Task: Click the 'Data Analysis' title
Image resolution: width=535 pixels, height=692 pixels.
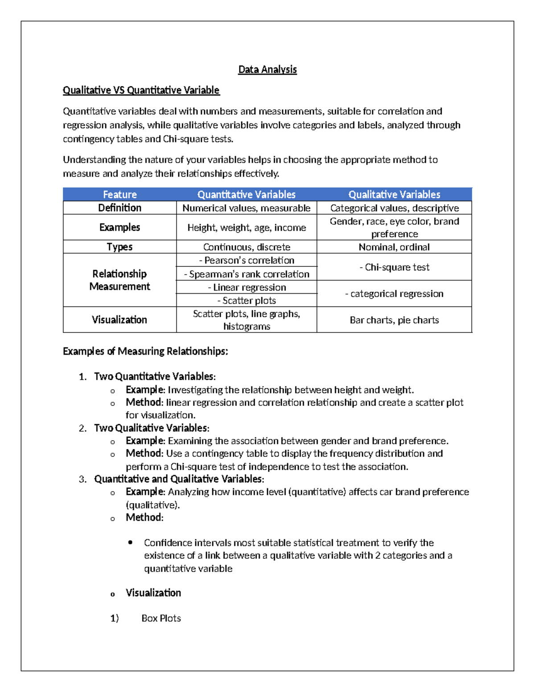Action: (x=267, y=70)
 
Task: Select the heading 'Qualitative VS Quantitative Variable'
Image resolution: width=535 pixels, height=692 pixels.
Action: (x=141, y=90)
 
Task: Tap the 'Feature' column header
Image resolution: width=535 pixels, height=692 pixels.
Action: (x=119, y=194)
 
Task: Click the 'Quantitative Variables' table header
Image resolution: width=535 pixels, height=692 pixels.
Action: (x=246, y=194)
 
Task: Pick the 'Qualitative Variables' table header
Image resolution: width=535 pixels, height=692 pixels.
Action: (x=394, y=194)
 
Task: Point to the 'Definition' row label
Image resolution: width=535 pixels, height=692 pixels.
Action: (x=119, y=208)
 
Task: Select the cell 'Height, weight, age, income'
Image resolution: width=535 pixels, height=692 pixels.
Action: (x=247, y=228)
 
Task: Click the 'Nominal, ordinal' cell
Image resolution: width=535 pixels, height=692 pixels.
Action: (x=394, y=247)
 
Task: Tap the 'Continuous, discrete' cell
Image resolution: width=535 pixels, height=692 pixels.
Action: (x=247, y=247)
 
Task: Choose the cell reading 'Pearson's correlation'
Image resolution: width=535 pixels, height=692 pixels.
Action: (x=247, y=260)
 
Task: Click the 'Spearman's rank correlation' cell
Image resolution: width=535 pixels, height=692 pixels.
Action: (x=247, y=274)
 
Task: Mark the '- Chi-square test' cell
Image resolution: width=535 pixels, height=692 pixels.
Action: (x=394, y=267)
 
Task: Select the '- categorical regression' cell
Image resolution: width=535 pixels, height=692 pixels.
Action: (x=394, y=294)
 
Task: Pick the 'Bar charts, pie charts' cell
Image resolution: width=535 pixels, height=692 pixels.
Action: (x=394, y=320)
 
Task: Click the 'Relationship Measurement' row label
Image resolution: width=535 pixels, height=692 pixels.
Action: (x=119, y=280)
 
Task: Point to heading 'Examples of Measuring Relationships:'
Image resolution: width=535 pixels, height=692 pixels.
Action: (x=145, y=352)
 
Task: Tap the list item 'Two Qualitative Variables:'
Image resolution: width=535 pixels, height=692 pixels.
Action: (x=152, y=428)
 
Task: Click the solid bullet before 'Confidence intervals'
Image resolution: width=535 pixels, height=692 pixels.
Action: (x=130, y=542)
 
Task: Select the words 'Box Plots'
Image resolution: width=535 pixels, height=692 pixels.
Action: (x=161, y=618)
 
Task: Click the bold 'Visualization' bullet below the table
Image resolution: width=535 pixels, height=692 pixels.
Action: (x=153, y=593)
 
